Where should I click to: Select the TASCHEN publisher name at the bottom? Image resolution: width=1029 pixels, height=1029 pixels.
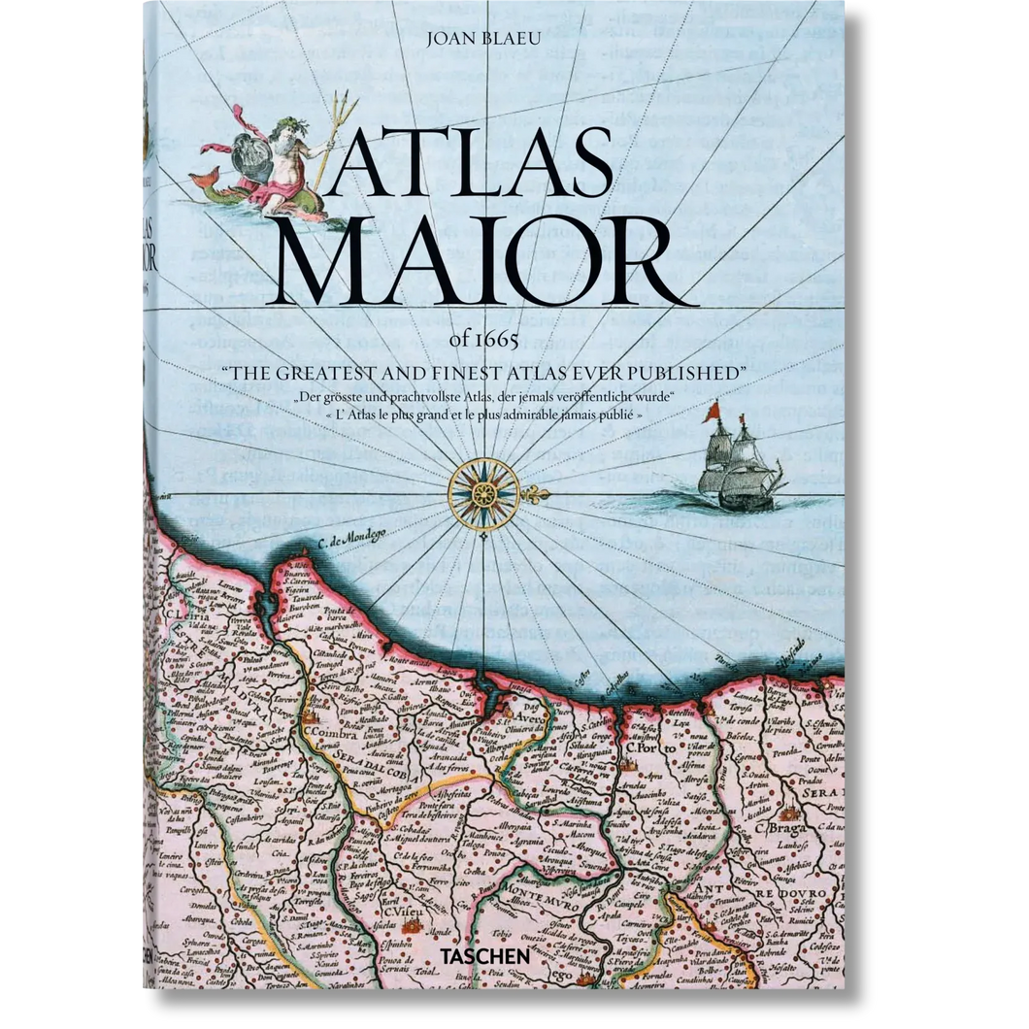coord(492,955)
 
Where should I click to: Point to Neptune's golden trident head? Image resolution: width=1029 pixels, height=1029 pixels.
coord(343,106)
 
